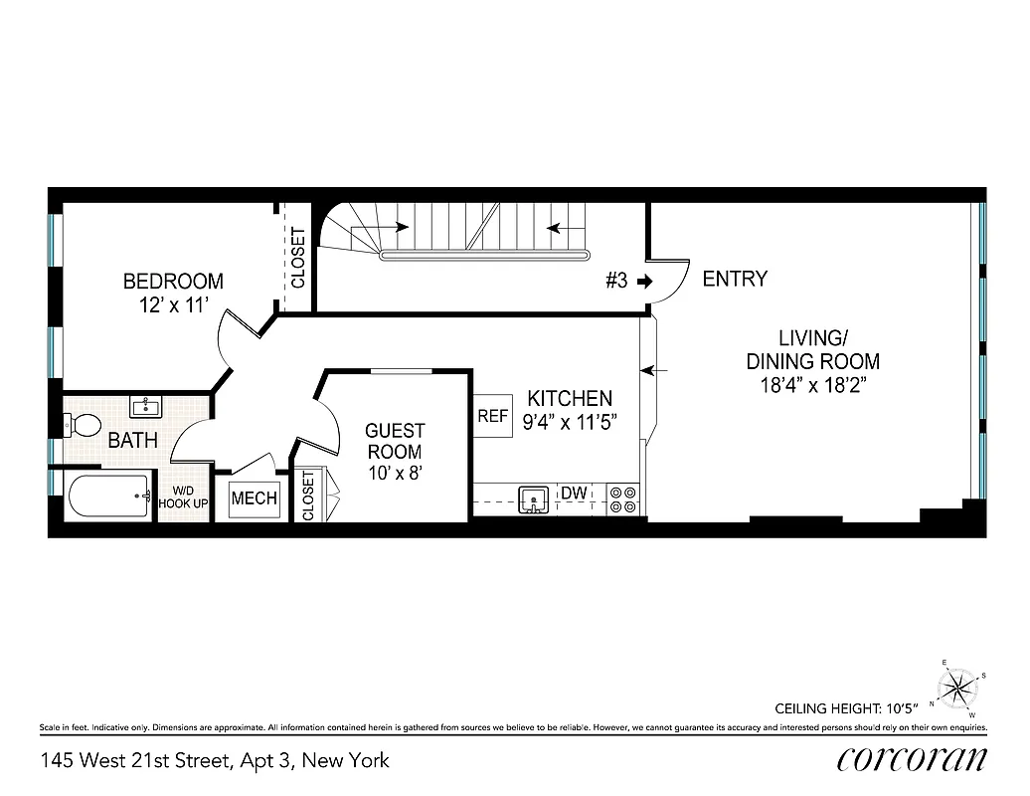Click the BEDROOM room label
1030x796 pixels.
173,282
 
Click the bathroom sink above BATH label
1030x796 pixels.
146,407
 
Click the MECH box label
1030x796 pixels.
255,498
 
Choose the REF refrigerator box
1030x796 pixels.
492,417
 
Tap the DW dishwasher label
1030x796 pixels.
574,493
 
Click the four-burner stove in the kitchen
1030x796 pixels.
622,498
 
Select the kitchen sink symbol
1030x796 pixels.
534,497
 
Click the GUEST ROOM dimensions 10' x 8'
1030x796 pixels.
395,474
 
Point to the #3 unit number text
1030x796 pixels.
616,281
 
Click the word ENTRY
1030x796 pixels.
735,279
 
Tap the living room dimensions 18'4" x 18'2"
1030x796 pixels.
813,387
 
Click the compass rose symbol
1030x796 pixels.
958,687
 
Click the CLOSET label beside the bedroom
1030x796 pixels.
297,258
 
